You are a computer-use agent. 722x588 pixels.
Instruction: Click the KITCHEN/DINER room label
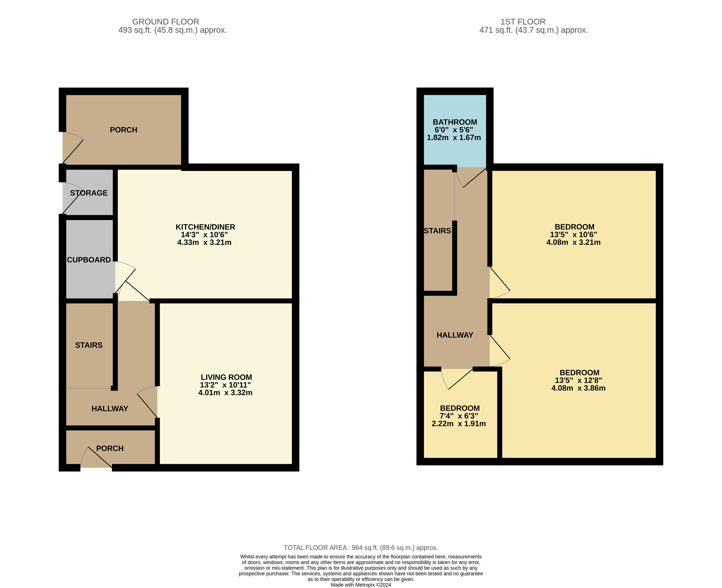[205, 227]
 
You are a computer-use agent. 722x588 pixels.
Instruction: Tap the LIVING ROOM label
[226, 377]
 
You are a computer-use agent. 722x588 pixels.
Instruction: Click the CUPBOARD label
[89, 260]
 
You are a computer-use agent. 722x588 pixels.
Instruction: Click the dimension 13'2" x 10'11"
[225, 385]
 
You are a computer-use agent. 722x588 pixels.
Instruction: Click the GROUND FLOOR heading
[166, 22]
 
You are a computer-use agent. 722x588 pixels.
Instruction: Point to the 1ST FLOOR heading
[523, 22]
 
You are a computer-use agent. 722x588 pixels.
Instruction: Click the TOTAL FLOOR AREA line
[361, 548]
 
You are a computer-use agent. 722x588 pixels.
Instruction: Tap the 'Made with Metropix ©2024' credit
[361, 585]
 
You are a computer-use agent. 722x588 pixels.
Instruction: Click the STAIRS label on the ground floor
[89, 345]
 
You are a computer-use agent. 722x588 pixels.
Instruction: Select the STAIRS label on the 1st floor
[437, 231]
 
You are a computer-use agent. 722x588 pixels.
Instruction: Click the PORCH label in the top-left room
[124, 130]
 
